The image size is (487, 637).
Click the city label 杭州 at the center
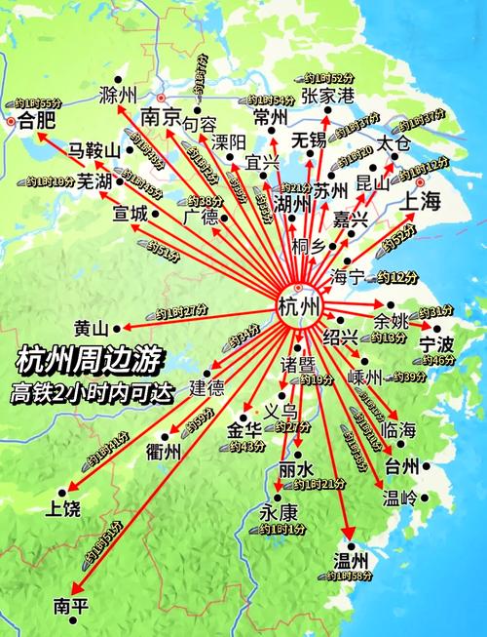[298, 308]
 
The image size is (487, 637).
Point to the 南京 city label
[162, 116]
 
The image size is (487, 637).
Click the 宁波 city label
[436, 343]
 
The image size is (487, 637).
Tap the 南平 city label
[71, 604]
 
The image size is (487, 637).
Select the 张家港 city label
[326, 95]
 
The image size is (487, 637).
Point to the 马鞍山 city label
[93, 150]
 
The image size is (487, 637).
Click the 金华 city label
[244, 429]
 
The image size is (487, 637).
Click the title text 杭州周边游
[76, 360]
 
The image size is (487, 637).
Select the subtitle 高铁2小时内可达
[78, 394]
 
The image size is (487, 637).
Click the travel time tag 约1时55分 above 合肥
[38, 102]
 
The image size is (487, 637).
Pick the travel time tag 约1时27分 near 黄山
[182, 311]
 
